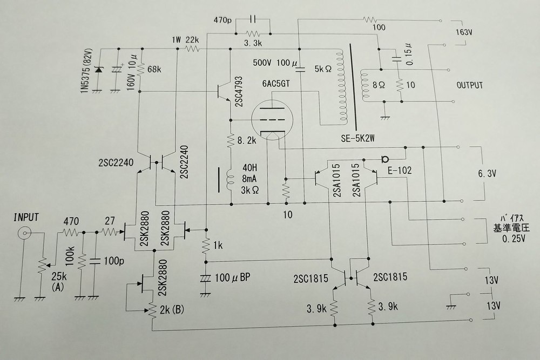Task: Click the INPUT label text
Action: pos(26,218)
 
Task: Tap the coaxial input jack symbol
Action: pos(24,234)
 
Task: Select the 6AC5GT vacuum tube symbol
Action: pos(272,120)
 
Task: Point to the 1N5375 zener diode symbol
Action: pos(99,70)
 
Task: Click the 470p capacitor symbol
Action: pos(253,19)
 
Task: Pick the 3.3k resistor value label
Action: pos(253,43)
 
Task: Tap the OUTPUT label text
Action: pos(469,85)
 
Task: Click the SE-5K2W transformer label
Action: pos(358,138)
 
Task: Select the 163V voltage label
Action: pos(463,32)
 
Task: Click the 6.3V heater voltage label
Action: pos(487,173)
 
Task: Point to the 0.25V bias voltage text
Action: pos(514,239)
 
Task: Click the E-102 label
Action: pos(400,170)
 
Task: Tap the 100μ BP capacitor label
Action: pos(232,278)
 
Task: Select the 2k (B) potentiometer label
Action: pos(172,309)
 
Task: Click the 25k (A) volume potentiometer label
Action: pos(58,282)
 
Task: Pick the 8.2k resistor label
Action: pos(247,140)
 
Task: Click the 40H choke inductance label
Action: pos(249,168)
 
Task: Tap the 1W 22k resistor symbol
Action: pos(193,49)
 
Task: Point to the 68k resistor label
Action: pos(154,70)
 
